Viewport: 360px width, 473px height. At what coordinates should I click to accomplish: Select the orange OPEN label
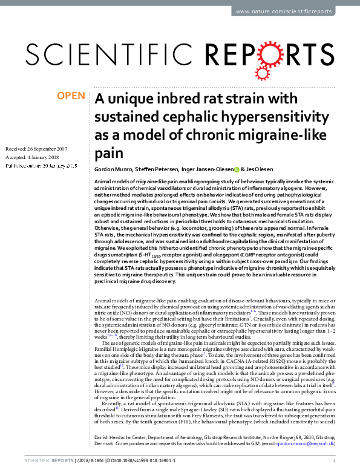[x=71, y=96]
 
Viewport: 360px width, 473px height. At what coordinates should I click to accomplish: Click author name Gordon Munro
[x=114, y=169]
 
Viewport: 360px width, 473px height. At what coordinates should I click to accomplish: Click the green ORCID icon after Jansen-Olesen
[x=237, y=170]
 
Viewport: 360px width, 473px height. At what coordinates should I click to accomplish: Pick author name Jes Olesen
[x=264, y=169]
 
